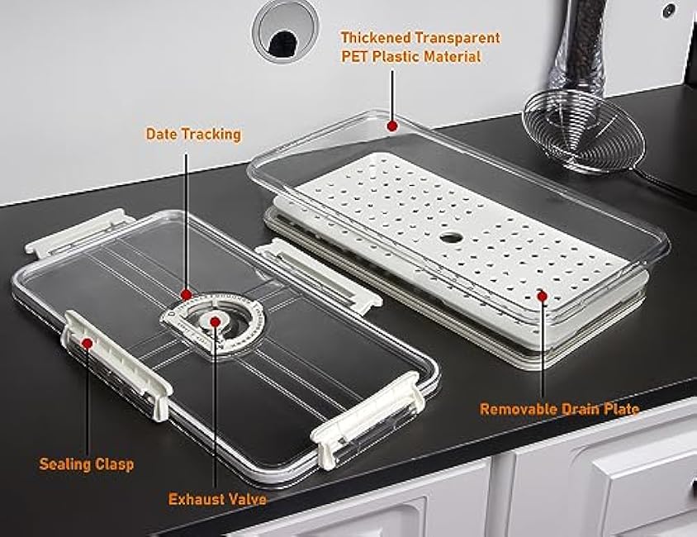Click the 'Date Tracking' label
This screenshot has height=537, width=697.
coord(193,134)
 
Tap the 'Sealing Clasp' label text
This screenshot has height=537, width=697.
coord(87,464)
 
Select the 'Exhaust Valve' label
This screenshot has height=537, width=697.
coord(217,499)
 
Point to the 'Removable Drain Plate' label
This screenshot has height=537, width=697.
coord(560,409)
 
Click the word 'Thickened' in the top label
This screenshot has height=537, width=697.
coord(376,38)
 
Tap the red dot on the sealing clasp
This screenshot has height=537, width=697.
coord(88,343)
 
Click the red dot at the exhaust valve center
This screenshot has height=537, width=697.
coord(216,321)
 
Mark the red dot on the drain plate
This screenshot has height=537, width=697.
coord(542,295)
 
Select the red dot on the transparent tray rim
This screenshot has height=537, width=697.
coord(391,126)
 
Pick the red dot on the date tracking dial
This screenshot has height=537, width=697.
coord(187,294)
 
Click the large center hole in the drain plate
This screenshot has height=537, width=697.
coord(451,237)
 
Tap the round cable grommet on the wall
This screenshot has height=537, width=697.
coord(285,31)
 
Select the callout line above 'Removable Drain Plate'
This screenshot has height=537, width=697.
coord(543,349)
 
